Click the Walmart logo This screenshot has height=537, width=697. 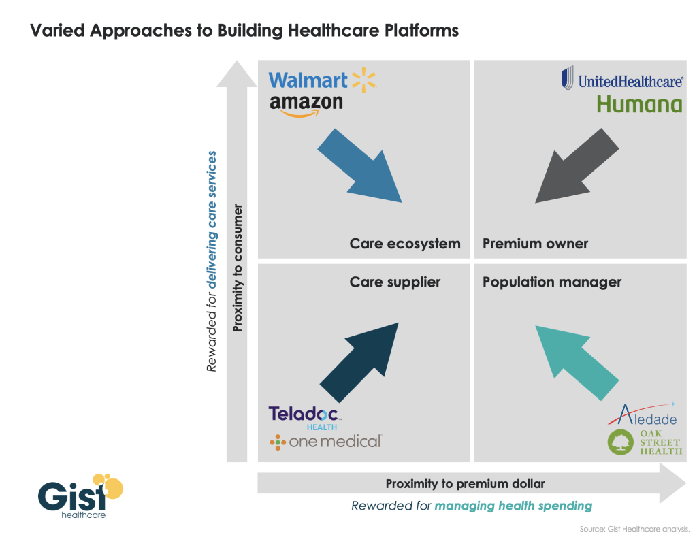[x=322, y=81]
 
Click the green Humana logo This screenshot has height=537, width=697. [x=638, y=104]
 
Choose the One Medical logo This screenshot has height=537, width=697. [x=325, y=442]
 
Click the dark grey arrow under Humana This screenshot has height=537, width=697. [x=576, y=167]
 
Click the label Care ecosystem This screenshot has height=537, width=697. [x=405, y=244]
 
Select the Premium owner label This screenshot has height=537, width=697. [x=535, y=244]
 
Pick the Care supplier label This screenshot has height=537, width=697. [x=395, y=282]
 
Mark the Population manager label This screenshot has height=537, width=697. [x=552, y=282]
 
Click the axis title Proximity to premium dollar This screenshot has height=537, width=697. [x=465, y=484]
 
